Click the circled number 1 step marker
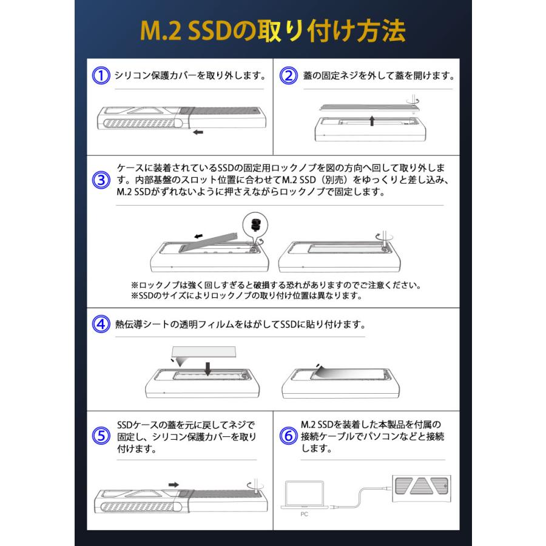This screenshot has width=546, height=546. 100,76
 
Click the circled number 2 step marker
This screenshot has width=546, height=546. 288,76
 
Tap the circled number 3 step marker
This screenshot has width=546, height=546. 100,181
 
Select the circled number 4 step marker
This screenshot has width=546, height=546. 100,323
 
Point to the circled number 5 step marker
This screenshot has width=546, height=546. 100,436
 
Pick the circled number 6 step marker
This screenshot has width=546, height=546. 288,436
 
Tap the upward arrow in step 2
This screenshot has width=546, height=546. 371,120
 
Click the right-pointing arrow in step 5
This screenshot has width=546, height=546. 174,484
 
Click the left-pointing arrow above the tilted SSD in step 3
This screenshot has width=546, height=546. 196,236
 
